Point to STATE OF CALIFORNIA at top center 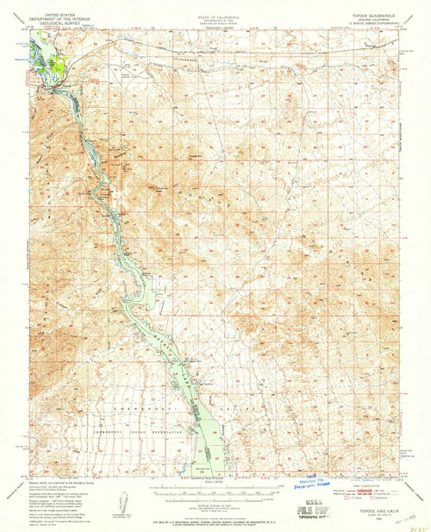(215, 5)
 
